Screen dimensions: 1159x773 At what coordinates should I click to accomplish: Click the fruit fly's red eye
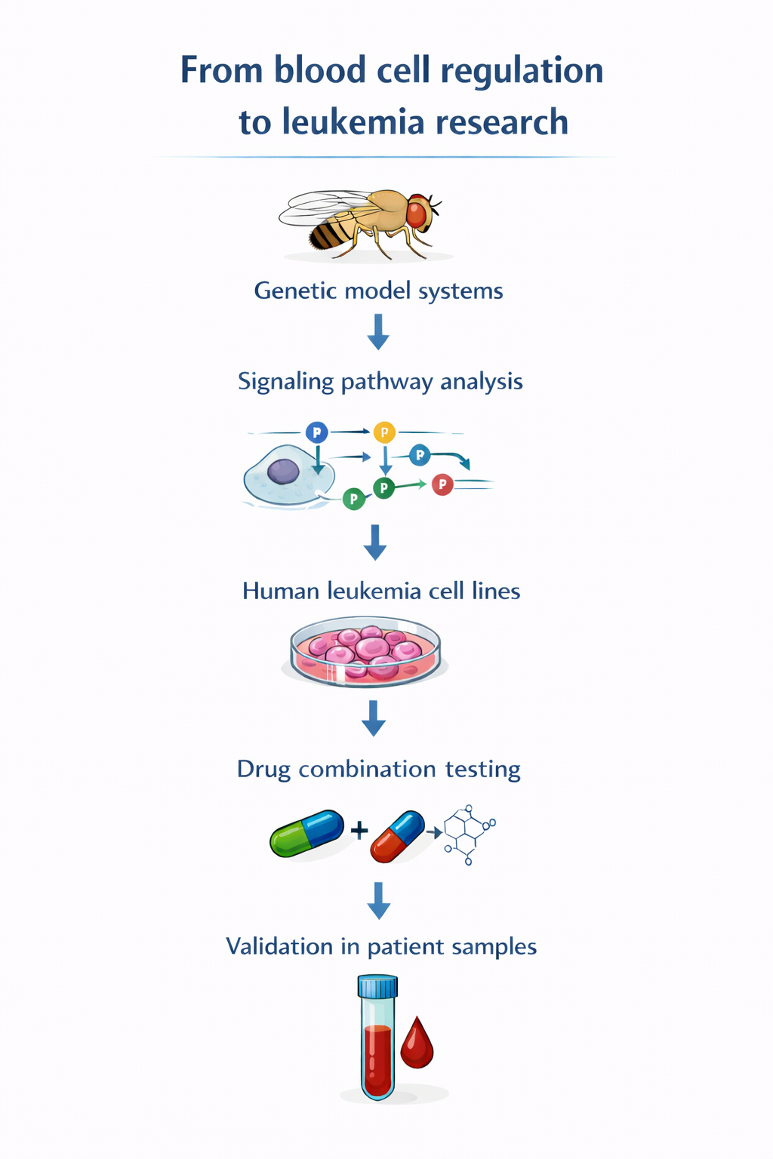pos(417,214)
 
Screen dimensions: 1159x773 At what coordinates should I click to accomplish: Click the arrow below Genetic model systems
pos(378,332)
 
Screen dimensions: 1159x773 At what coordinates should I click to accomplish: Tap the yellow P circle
pos(384,432)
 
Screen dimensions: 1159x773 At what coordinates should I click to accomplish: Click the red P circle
pos(442,484)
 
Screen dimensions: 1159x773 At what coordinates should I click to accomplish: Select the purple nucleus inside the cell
pos(283,472)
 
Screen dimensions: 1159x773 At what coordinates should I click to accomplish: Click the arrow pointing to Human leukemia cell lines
pos(375,543)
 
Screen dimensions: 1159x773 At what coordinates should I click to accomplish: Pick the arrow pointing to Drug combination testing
pos(374,718)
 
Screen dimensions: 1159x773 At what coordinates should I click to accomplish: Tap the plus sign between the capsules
pos(359,831)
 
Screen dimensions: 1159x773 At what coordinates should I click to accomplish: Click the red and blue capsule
pos(397,836)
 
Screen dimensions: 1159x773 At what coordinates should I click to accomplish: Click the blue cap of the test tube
pos(377,986)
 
